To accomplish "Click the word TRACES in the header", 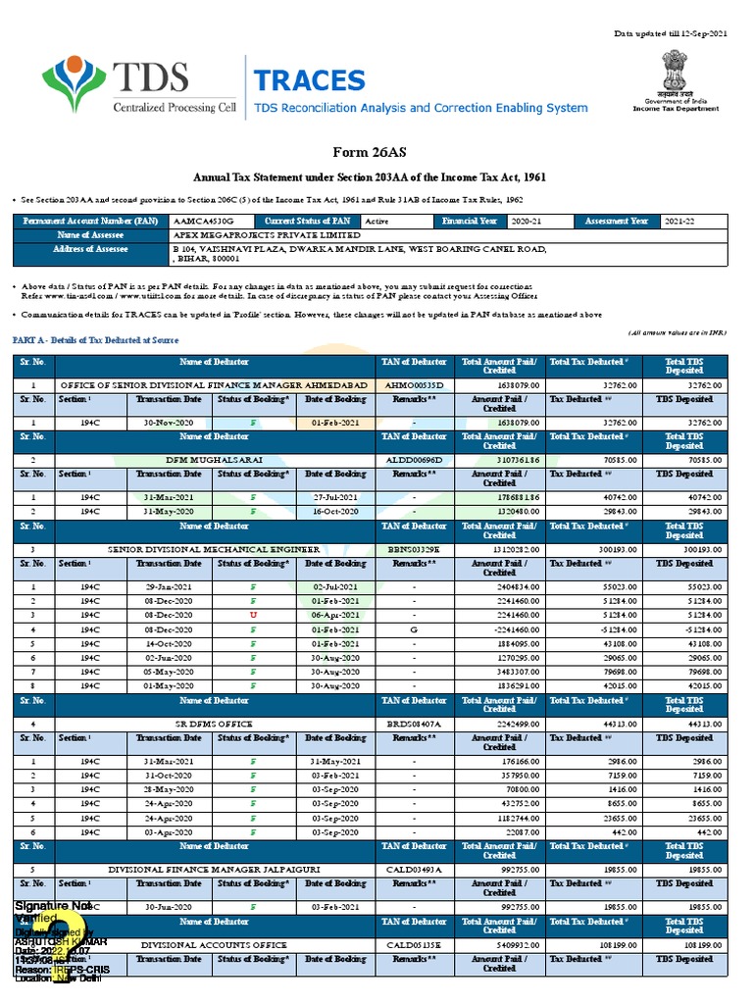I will pos(309,80).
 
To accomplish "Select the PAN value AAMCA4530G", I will pos(196,222).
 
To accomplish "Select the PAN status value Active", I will pos(376,222).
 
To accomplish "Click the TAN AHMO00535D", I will pos(416,385).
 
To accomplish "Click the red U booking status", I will pos(253,615).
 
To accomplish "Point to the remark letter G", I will pos(415,629).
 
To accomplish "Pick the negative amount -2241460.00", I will pos(506,629).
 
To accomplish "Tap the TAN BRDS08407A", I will pos(416,723).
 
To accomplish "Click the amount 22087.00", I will pos(516,832).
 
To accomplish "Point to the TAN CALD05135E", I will pos(416,944).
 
